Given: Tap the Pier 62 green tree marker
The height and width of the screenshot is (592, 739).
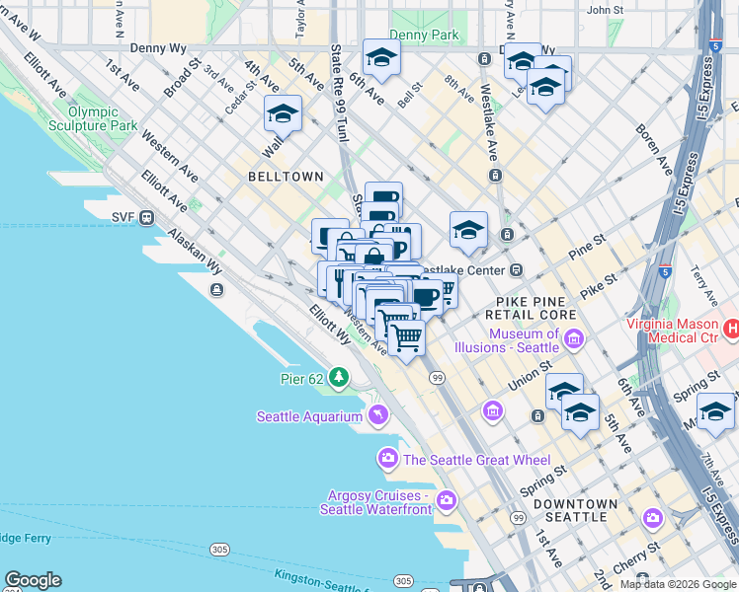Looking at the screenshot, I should coord(339,377).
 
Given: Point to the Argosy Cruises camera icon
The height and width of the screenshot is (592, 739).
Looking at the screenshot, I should coord(447,501).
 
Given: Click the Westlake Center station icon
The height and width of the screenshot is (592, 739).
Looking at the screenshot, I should coord(516,269).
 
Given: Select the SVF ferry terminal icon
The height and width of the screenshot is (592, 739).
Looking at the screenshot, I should coord(147,217).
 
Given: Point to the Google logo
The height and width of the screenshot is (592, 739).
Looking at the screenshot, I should coord(33,580).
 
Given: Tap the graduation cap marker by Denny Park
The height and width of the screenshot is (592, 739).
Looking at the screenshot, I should coord(380,57).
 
